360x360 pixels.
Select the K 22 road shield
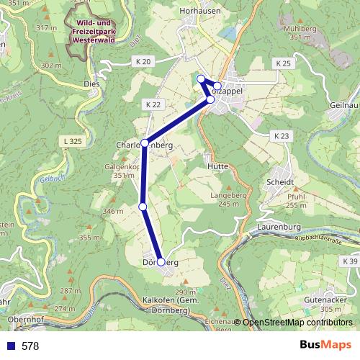click(x=153, y=104)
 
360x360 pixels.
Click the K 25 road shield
click(x=283, y=64)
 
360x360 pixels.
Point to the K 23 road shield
click(x=282, y=135)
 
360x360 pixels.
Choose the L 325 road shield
click(x=73, y=142)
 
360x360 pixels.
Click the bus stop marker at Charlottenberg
click(x=145, y=143)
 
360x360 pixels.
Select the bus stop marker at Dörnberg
click(x=161, y=262)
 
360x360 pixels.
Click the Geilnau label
click(x=345, y=104)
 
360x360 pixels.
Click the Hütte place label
click(x=217, y=166)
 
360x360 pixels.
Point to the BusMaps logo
click(x=325, y=346)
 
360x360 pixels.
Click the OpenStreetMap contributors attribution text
click(x=297, y=323)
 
